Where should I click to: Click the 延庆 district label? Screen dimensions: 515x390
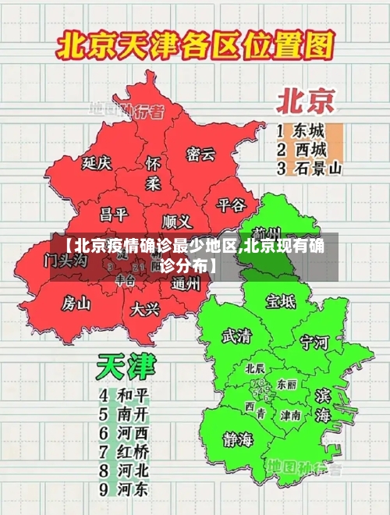97,163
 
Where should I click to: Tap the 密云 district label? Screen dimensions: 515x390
200,154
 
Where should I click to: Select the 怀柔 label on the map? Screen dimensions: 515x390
154,173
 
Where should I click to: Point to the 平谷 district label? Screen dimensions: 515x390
231,204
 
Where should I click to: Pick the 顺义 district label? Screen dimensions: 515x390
177,221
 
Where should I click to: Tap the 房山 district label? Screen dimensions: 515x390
76,302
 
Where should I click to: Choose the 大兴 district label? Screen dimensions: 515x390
145,309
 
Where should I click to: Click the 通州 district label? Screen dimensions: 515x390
186,283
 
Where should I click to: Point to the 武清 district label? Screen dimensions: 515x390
237,336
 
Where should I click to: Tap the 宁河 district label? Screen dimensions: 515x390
315,342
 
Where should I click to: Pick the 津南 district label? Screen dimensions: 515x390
291,415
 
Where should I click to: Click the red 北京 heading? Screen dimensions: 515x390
306,101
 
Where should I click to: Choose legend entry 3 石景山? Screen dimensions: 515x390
310,168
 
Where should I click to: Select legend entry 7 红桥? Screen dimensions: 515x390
124,452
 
